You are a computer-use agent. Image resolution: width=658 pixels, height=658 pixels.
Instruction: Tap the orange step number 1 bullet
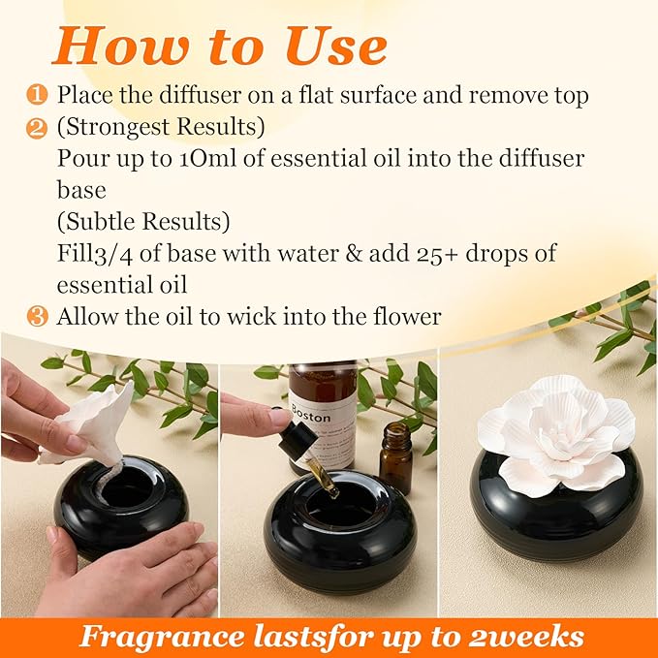click(x=37, y=95)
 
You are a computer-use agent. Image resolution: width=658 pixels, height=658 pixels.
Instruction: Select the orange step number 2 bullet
click(x=37, y=127)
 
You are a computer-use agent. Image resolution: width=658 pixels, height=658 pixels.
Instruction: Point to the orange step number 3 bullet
click(x=37, y=317)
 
